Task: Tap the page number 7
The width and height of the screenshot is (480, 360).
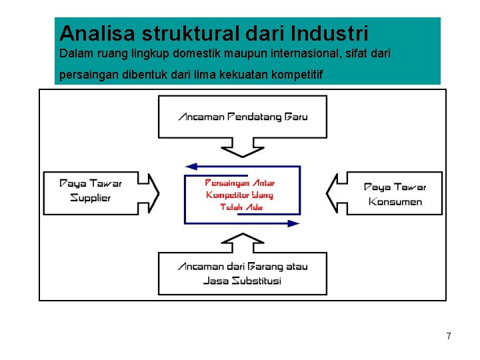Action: point(449,336)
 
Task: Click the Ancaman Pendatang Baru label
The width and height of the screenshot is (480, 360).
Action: point(243,117)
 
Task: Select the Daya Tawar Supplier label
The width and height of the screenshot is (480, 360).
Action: point(91,191)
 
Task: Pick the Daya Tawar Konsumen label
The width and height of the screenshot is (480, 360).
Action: point(395,194)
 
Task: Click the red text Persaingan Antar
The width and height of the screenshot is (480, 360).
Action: point(239,183)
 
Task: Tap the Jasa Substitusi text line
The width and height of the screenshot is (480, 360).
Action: point(242,281)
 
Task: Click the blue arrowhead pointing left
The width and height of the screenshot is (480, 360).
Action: point(191,167)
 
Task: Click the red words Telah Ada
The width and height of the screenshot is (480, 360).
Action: point(241,207)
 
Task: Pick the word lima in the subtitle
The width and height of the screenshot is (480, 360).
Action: point(205,75)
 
